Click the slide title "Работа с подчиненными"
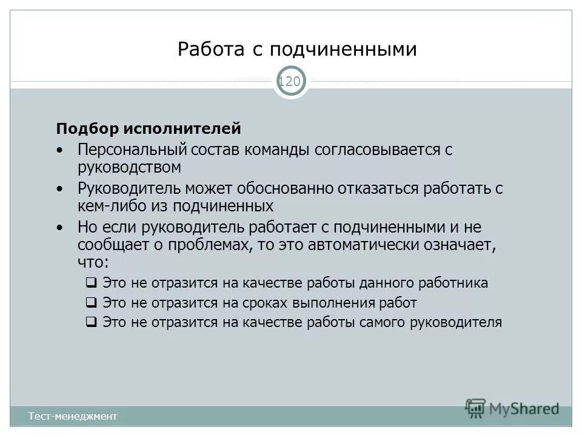pos(297,49)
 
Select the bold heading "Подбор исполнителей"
pos(149,128)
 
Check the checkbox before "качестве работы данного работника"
pos(91,283)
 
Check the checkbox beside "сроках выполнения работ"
pos(91,303)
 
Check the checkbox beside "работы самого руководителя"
pos(91,322)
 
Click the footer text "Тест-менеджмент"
pos(72,416)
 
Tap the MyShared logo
pos(512,408)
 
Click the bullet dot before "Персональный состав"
pos(59,150)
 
